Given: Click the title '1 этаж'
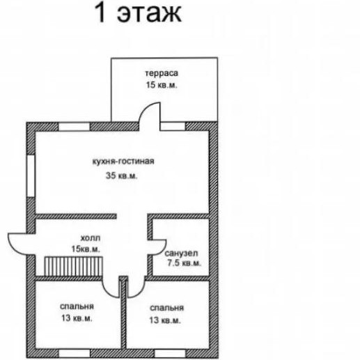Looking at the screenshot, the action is coord(138,13).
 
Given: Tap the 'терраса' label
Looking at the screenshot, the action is coord(162,73).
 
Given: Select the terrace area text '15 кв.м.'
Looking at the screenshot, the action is coord(162,85).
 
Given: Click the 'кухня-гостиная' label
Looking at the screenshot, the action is coord(123,162).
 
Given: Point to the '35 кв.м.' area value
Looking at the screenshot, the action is coord(121,175).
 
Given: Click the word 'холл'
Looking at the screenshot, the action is coord(91,238).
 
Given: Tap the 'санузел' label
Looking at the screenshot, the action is coord(181,253).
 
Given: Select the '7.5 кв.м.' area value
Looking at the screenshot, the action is coord(184,263).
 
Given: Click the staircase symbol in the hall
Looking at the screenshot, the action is coord(73,266).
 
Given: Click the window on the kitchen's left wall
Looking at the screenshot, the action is coord(31,176).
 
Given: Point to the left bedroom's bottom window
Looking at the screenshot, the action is coord(74,353).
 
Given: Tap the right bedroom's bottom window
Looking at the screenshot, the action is coord(170,353).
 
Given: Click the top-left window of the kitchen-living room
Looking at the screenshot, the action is coord(74,127).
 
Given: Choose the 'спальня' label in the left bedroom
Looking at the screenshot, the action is coord(77,306).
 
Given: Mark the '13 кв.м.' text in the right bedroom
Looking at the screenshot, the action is coord(165,320).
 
